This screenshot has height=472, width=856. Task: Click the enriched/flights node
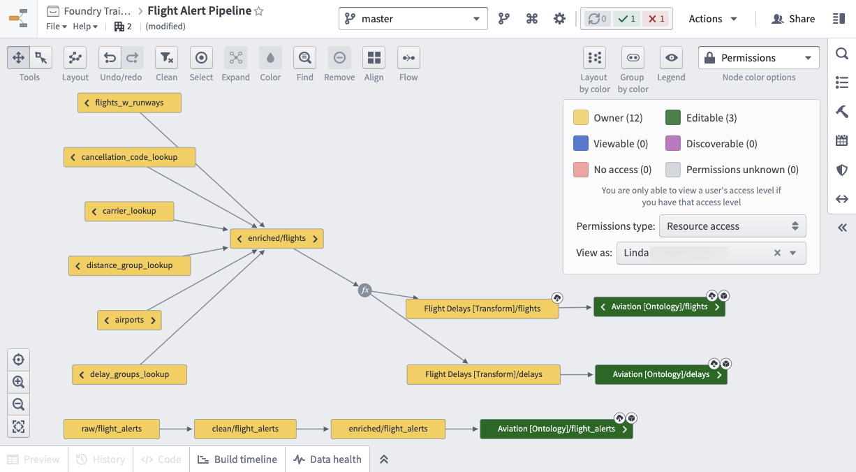[276, 239]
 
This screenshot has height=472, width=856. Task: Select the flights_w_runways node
[129, 103]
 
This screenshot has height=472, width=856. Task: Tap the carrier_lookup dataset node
[129, 211]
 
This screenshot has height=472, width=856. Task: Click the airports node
[129, 320]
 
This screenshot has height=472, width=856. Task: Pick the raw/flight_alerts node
[112, 429]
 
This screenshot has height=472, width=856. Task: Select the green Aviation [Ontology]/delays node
[661, 374]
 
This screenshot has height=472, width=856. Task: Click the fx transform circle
[365, 290]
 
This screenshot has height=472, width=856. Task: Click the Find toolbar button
[304, 58]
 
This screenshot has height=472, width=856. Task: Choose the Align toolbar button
[374, 58]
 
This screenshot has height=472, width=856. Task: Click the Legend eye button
[671, 58]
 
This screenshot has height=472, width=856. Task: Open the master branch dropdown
[413, 18]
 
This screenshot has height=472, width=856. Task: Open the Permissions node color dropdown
[758, 58]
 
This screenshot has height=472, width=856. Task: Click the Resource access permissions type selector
[732, 226]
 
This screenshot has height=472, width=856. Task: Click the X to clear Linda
[777, 253]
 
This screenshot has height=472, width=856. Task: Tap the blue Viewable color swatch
[581, 144]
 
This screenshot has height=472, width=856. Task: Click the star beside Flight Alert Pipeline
[259, 11]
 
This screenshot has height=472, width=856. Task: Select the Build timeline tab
[237, 459]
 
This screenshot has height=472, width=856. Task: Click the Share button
[793, 19]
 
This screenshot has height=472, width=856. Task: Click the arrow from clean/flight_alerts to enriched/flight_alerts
[313, 429]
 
